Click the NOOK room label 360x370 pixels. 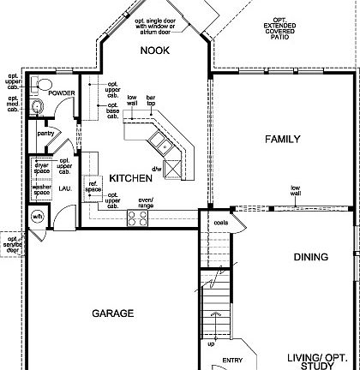click(155, 51)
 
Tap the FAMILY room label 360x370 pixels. click(282, 139)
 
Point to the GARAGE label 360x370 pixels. click(113, 313)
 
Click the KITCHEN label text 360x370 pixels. click(131, 178)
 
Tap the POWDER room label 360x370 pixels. click(62, 92)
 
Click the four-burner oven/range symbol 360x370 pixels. click(137, 218)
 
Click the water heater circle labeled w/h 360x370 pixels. click(38, 217)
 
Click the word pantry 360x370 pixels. click(45, 133)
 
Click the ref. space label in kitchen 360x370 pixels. click(94, 187)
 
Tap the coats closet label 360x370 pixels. click(220, 224)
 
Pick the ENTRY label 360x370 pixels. click(233, 361)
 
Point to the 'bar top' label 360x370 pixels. click(152, 100)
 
